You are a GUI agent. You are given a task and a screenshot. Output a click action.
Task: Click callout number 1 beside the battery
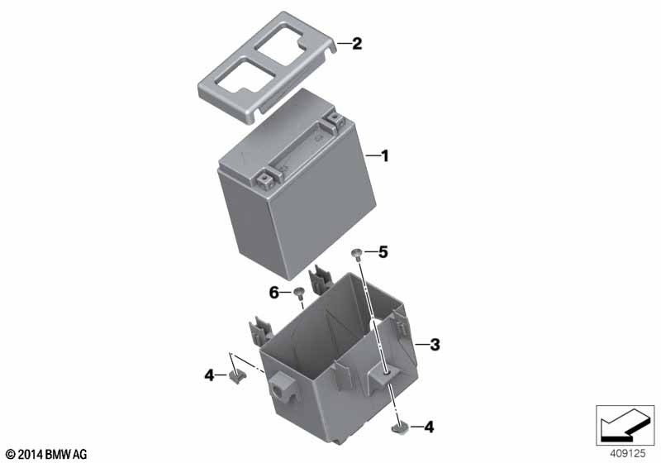[384, 156]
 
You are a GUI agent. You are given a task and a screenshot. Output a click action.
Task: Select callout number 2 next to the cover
[357, 44]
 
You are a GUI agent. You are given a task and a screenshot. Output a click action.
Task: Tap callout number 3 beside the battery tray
[435, 345]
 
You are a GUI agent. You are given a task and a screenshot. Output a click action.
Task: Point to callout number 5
[383, 252]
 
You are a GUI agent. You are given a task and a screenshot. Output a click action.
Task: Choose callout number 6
[274, 292]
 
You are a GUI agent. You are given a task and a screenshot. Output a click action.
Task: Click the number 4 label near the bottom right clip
[429, 427]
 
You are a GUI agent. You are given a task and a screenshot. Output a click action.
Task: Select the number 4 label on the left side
[210, 375]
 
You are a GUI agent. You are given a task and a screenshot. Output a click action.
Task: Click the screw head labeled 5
[355, 253]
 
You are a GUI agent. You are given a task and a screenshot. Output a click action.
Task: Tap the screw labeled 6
[299, 292]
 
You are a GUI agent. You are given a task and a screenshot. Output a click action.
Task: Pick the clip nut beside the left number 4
[238, 375]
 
